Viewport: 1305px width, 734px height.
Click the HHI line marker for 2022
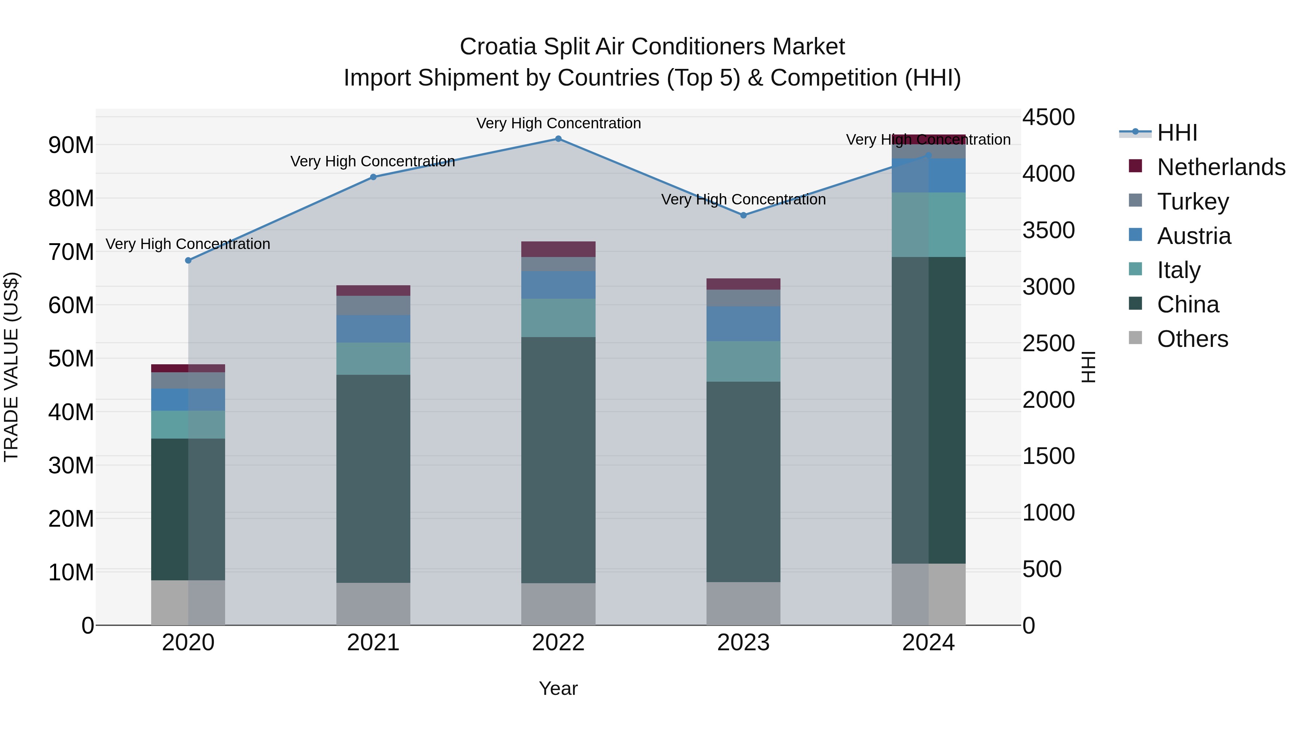pyautogui.click(x=558, y=139)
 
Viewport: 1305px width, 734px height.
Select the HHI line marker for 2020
pyautogui.click(x=188, y=260)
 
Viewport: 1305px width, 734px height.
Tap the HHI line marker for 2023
pyautogui.click(x=743, y=215)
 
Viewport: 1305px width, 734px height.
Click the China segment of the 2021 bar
pyautogui.click(x=373, y=479)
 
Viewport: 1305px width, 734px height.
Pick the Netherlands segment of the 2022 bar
pyautogui.click(x=558, y=249)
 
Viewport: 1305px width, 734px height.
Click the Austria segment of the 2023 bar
pyautogui.click(x=743, y=324)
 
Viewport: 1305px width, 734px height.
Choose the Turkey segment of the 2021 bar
pyautogui.click(x=373, y=306)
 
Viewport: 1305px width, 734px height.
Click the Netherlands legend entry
pyautogui.click(x=1221, y=167)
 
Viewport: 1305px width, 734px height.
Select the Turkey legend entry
pyautogui.click(x=1193, y=201)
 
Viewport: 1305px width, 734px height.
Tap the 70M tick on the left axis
pyautogui.click(x=71, y=252)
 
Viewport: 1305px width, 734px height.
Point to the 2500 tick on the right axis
pyautogui.click(x=1048, y=344)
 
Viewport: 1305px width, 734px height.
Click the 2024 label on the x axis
pyautogui.click(x=928, y=643)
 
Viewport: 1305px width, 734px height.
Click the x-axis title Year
pyautogui.click(x=558, y=688)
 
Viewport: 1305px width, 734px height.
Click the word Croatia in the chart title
pyautogui.click(x=497, y=47)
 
